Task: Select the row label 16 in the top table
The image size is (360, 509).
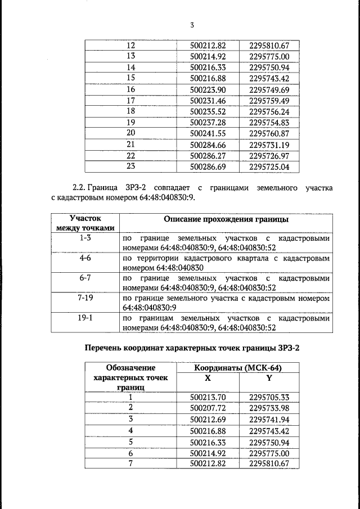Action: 130,89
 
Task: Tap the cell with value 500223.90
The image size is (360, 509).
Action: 207,89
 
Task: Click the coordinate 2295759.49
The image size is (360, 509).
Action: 268,101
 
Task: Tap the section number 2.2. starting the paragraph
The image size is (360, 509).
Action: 82,186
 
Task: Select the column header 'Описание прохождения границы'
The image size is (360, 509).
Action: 226,219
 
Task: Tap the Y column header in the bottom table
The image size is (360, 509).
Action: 268,379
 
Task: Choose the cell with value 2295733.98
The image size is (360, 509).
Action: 268,408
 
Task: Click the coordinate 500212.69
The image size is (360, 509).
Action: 208,420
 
